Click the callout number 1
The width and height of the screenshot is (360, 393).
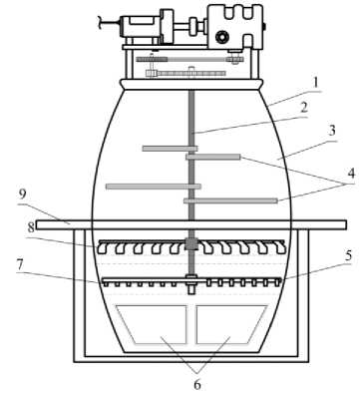tap(316, 83)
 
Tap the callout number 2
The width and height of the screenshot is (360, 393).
tap(302, 108)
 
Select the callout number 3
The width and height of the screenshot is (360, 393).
tap(332, 131)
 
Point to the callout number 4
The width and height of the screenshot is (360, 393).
tap(351, 174)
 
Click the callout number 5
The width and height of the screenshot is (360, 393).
tap(348, 255)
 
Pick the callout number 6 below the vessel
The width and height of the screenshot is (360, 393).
tap(197, 384)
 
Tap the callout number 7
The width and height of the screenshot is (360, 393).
tap(20, 264)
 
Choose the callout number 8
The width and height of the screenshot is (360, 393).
tap(31, 227)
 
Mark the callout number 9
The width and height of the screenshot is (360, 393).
tap(22, 194)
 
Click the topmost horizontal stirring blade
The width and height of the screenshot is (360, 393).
tap(170, 149)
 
